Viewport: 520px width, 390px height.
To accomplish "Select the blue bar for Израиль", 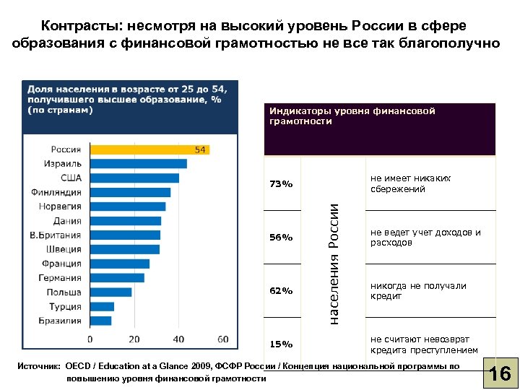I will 138,164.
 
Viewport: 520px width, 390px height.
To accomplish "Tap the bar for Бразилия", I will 100,321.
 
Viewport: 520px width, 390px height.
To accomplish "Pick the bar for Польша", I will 110,292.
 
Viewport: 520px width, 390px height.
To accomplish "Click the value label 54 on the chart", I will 201,149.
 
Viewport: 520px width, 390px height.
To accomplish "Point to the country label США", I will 71,178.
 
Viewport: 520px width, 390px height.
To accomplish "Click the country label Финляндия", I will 56,192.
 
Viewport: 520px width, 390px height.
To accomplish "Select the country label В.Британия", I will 55,235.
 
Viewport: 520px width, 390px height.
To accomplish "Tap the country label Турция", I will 65,306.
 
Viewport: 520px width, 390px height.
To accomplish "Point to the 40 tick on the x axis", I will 178,339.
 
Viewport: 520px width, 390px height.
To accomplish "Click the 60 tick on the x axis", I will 222,339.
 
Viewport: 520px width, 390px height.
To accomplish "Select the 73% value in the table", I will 281,184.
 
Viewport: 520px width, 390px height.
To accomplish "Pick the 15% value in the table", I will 281,344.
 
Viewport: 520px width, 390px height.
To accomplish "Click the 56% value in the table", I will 281,238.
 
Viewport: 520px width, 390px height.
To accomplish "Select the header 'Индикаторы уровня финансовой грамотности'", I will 352,116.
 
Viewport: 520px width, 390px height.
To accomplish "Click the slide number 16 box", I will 500,374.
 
